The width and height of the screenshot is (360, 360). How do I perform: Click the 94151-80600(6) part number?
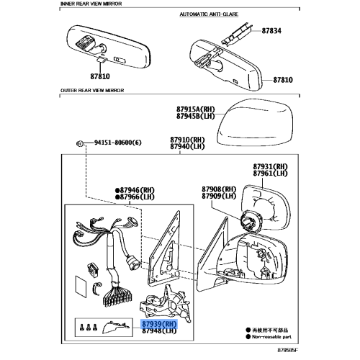pyautogui.click(x=118, y=143)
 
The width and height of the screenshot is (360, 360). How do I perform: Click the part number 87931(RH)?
pyautogui.click(x=269, y=166)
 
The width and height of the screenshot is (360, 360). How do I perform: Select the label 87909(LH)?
pyautogui.click(x=220, y=195)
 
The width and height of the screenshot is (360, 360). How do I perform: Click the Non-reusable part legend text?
pyautogui.click(x=273, y=335)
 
